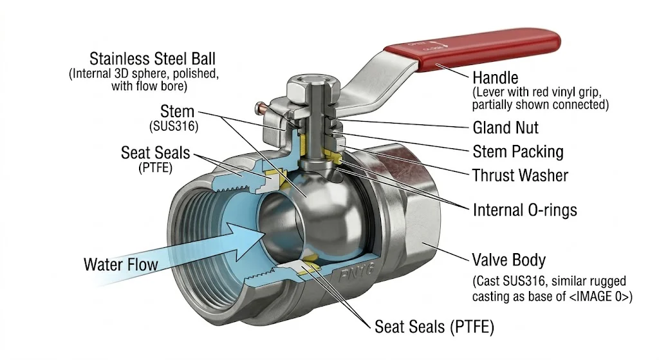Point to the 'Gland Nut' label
[505, 128]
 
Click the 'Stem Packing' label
[517, 152]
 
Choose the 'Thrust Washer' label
[520, 175]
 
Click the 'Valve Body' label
[509, 260]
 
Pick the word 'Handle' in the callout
[495, 78]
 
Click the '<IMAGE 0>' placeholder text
[605, 298]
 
